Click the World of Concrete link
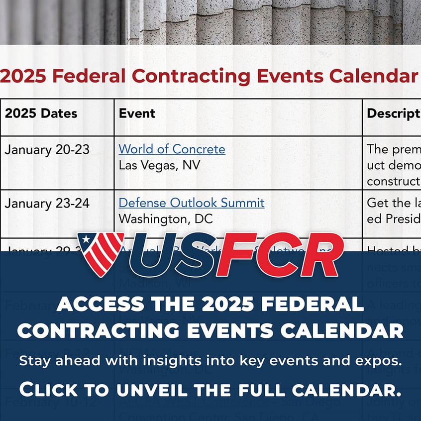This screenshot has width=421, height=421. point(172,149)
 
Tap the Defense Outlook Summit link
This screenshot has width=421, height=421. point(192,203)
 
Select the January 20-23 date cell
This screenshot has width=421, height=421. point(47,150)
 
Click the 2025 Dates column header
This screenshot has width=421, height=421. point(41,113)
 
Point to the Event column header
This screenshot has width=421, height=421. point(137,113)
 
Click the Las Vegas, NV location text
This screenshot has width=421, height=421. point(159,165)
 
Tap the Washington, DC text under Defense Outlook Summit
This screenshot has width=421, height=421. point(166,218)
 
